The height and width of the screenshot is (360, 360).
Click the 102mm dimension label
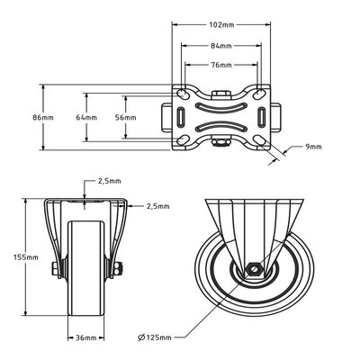(x=221, y=24)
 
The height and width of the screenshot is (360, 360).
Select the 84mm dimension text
(x=221, y=46)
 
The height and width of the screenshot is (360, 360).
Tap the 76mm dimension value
(x=221, y=65)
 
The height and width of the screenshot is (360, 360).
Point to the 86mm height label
(x=43, y=117)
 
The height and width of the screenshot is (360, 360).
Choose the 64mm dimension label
(x=86, y=117)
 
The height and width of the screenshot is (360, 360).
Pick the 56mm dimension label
(x=126, y=117)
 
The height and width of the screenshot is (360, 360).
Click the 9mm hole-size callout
(x=313, y=147)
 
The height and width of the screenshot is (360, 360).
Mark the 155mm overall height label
(x=26, y=257)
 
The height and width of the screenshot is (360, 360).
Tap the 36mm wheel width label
(x=85, y=337)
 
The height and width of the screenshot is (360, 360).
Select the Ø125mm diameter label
(x=155, y=337)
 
